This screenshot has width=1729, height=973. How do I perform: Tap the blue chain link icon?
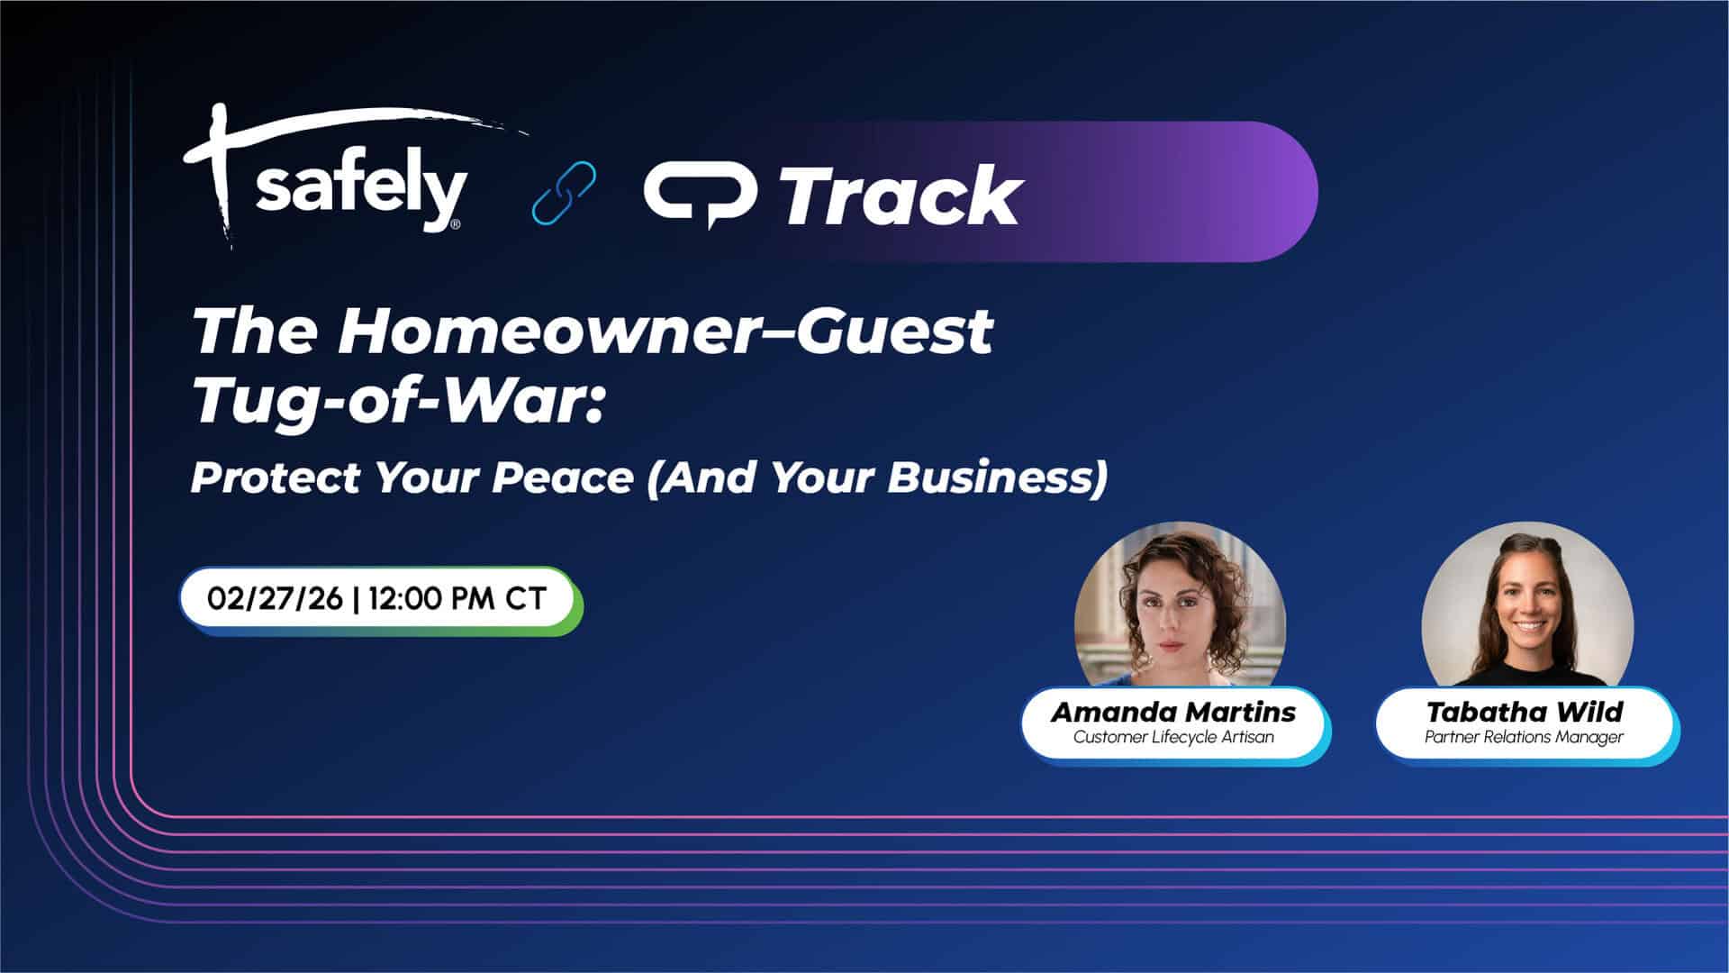point(564,192)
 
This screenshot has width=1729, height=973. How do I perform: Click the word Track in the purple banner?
point(901,195)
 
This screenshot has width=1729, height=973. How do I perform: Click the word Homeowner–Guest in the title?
point(665,331)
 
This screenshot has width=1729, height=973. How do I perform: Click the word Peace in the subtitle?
point(562,477)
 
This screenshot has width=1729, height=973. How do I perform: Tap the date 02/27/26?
point(275,599)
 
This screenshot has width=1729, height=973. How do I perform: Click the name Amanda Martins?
point(1173,712)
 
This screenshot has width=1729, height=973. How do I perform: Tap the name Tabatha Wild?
point(1524,712)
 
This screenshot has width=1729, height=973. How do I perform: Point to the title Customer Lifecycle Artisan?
point(1173,737)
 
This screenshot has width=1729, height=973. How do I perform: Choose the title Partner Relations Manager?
point(1524,737)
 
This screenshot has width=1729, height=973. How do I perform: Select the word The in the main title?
point(255,331)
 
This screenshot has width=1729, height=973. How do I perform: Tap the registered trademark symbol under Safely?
point(455,223)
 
